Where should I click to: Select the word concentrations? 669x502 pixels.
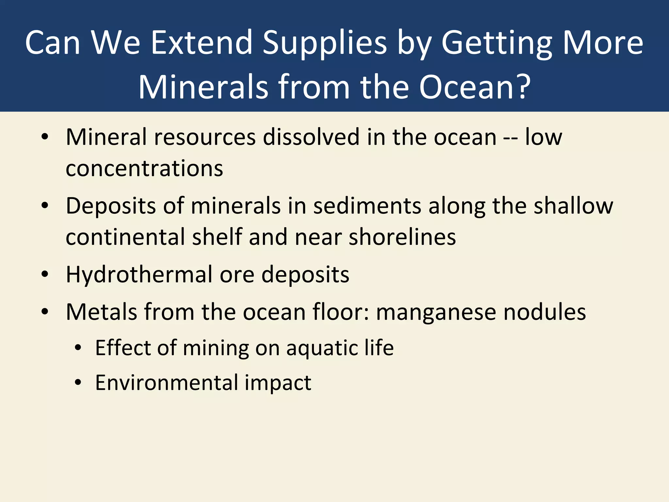[144, 169]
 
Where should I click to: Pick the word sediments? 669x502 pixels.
[367, 206]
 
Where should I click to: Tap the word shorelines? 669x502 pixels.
[402, 237]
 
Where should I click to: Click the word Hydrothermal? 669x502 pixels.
[139, 275]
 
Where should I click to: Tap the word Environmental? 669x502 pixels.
[167, 383]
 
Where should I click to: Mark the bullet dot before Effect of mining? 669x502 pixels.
[78, 348]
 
